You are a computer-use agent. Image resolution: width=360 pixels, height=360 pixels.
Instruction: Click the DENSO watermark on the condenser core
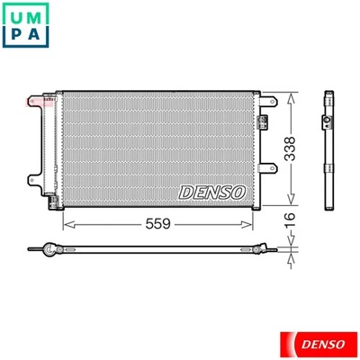212,192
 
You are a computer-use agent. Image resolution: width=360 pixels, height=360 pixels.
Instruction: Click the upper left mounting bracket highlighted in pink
35,100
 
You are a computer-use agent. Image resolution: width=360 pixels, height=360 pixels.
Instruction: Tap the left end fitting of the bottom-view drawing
36,247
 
